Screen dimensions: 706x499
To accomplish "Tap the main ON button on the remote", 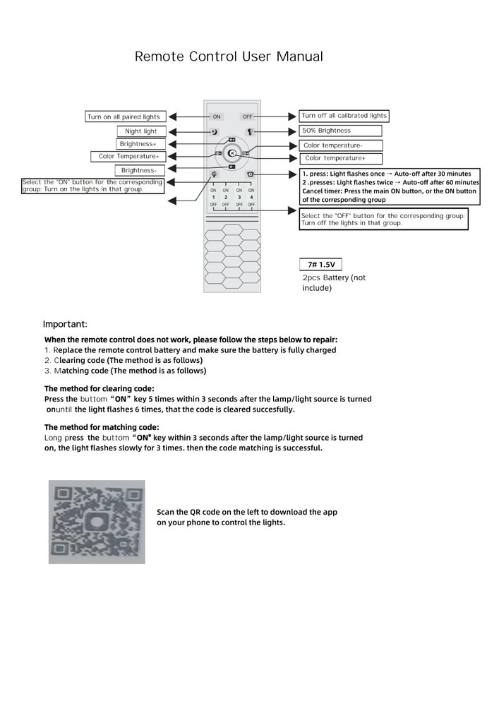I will coord(217,116).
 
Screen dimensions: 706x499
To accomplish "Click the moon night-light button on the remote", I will coord(214,132).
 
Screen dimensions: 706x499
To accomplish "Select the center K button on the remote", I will coord(232,153).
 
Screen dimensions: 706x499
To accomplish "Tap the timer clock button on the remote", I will coord(250,174).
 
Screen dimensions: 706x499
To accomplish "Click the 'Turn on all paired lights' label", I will coord(124,116).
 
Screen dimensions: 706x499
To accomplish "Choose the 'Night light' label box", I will coord(141,131).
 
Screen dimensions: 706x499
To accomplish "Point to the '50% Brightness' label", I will coord(341,131).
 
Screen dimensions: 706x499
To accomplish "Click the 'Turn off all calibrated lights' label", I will coord(344,116).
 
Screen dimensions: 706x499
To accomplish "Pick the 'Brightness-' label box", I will coord(140,170).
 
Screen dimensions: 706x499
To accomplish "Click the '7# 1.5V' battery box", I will coord(320,265).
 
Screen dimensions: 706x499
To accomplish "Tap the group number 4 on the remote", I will coord(251,197).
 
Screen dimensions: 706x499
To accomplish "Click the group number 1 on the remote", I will coord(213,197).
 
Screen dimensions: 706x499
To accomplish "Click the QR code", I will coord(97,522).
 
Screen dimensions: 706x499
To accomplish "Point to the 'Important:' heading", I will coord(65,325).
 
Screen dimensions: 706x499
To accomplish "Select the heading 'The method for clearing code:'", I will coord(99,388).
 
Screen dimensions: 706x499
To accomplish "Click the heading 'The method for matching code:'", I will coord(102,427).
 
